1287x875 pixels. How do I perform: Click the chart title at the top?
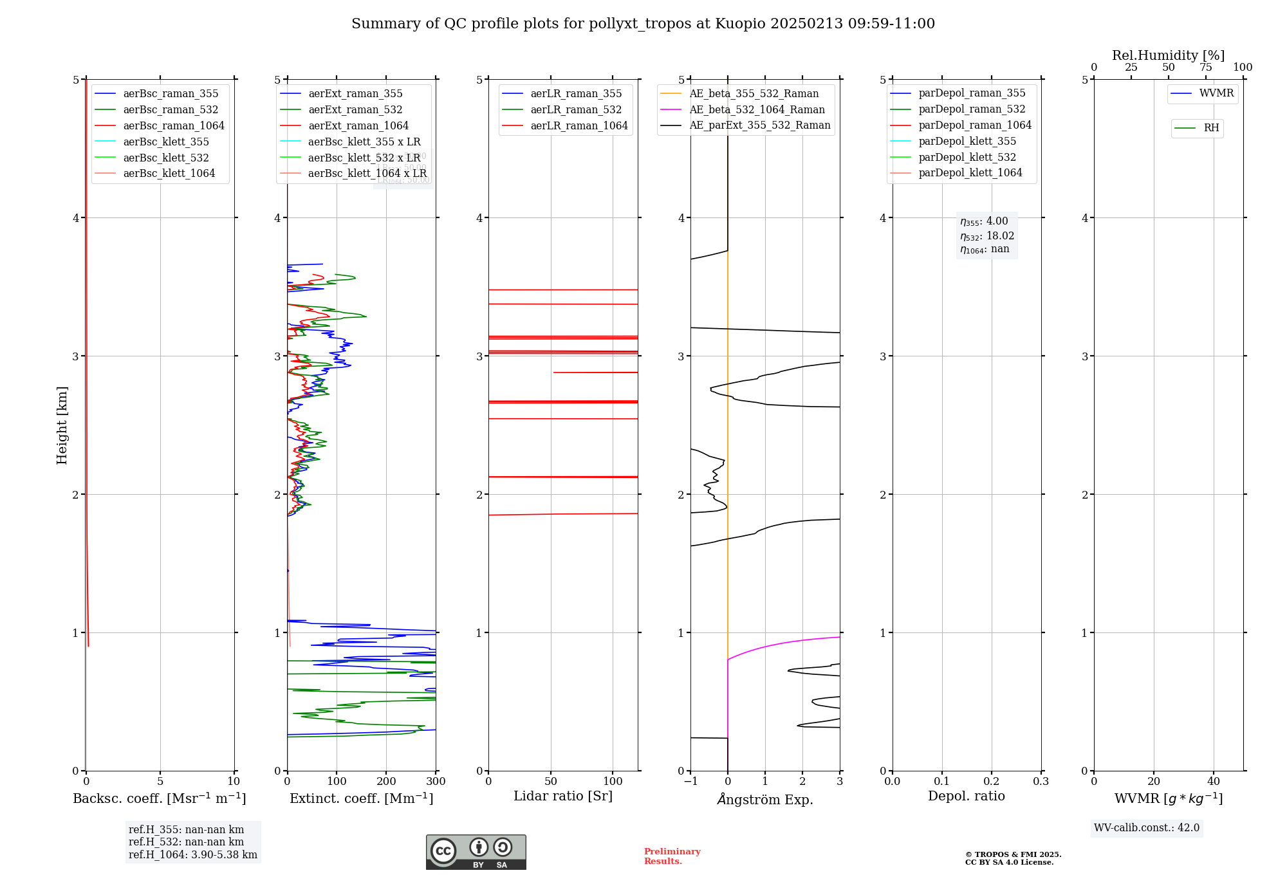pos(643,24)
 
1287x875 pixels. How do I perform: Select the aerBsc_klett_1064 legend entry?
pos(169,174)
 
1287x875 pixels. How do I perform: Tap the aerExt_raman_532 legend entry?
pos(355,110)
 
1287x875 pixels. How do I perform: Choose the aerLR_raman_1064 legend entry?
pos(579,126)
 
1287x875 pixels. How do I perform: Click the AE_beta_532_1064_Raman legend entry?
pos(757,110)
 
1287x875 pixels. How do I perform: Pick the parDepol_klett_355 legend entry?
pos(967,142)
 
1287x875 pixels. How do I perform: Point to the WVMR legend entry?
pos(1216,93)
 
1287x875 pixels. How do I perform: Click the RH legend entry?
pos(1210,128)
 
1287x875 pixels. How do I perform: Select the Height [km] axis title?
pos(62,425)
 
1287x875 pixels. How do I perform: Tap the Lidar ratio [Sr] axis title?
pos(563,797)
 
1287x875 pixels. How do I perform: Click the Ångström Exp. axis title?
pos(765,800)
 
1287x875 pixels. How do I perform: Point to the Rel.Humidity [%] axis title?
pos(1168,55)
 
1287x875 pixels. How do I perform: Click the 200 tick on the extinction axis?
pos(386,782)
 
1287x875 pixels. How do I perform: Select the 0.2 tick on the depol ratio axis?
pos(992,782)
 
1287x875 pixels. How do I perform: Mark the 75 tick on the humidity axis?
pos(1205,68)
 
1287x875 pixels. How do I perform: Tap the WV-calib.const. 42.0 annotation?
pos(1147,828)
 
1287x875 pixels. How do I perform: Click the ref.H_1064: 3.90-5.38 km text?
pos(192,855)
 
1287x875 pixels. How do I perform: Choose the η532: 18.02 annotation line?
pos(986,236)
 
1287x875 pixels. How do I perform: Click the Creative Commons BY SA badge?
pos(476,852)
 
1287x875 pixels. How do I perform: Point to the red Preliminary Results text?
pos(672,856)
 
